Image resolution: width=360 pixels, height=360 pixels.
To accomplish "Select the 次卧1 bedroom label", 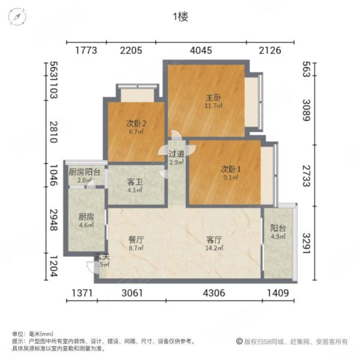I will (230, 169).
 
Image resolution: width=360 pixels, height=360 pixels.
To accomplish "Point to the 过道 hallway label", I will (176, 154).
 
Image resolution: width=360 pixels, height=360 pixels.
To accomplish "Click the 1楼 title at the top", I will (180, 17).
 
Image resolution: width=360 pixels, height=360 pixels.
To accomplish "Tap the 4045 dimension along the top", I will (200, 50).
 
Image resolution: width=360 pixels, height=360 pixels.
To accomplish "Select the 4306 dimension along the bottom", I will (214, 293).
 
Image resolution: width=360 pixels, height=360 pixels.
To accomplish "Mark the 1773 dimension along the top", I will (86, 50).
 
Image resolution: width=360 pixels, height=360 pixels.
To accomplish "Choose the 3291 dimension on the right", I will (306, 242).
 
